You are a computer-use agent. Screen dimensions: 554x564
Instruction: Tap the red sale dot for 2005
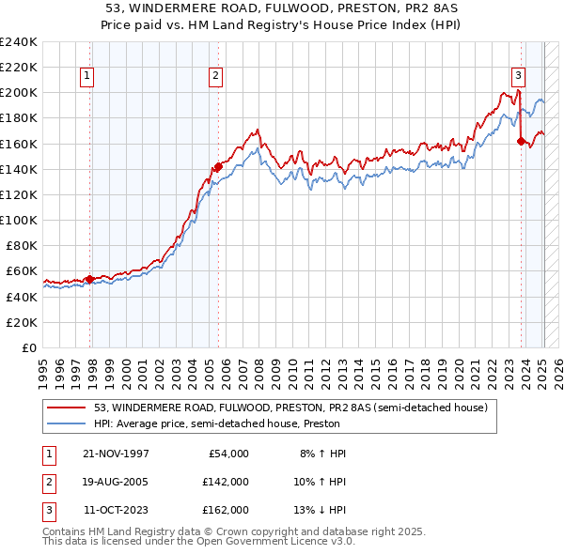[218, 166]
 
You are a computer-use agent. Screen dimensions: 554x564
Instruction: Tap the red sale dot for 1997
[90, 279]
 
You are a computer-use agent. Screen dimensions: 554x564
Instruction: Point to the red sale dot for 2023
[521, 142]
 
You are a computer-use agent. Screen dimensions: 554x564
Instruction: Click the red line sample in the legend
[67, 408]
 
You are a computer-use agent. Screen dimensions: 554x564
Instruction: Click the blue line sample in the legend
[67, 423]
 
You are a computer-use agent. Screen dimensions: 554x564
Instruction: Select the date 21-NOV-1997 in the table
[117, 454]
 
